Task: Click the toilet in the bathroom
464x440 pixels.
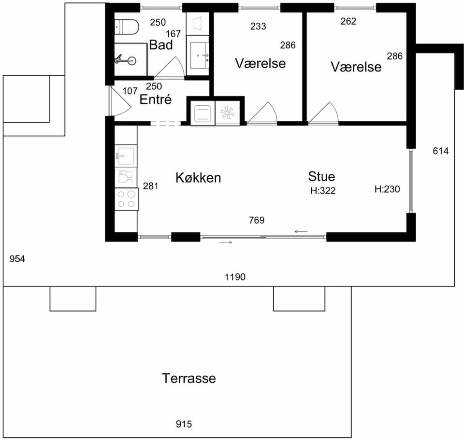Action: click(x=126, y=27)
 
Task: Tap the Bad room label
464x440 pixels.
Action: click(x=161, y=45)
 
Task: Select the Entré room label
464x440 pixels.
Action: click(x=155, y=99)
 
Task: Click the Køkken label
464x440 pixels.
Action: click(x=198, y=178)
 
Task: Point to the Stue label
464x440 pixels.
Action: click(x=322, y=176)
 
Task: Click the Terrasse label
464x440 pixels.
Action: click(x=189, y=378)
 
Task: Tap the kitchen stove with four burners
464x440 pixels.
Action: click(x=127, y=199)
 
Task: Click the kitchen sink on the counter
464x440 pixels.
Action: click(x=126, y=156)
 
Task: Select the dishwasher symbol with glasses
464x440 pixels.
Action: click(x=126, y=177)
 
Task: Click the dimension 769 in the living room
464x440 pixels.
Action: click(x=257, y=220)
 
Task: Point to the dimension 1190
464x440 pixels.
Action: click(x=235, y=277)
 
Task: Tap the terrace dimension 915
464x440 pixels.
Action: click(x=184, y=424)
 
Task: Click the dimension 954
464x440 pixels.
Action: click(x=17, y=259)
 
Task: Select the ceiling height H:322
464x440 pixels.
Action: click(x=323, y=190)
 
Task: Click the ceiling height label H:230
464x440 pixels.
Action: click(x=387, y=189)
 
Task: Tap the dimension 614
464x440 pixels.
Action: click(x=441, y=151)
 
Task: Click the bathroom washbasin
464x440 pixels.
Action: click(x=200, y=55)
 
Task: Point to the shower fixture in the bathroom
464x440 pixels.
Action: click(x=125, y=59)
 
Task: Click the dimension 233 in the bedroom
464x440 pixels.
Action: click(x=258, y=26)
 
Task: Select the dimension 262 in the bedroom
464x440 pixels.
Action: click(x=348, y=21)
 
